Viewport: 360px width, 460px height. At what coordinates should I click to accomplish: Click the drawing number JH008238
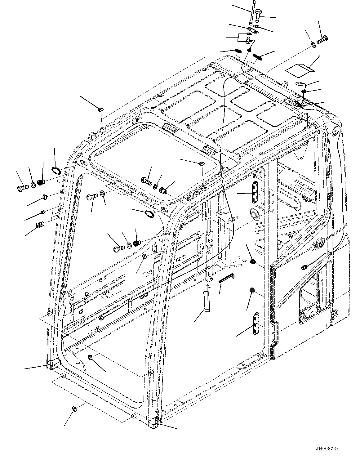coord(327,449)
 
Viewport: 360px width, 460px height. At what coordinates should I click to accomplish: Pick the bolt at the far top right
coord(323,39)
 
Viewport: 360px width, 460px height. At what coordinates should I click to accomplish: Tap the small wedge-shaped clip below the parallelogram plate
coord(300,83)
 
